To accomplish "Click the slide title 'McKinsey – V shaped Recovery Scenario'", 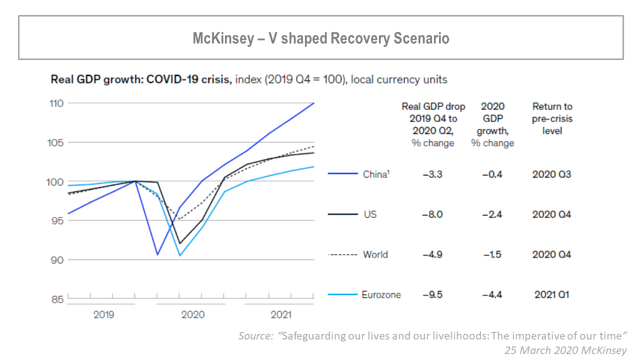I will point(321,38).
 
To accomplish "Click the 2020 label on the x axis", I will point(192,314).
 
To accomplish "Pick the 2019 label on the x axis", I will point(103,314).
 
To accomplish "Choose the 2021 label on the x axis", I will point(281,314).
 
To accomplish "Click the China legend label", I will point(375,174).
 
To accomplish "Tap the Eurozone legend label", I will point(381,294).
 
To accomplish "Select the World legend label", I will point(375,254).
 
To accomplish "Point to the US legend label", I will point(370,214).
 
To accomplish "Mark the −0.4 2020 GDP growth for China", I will point(492,174).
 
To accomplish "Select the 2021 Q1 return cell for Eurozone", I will point(551,294).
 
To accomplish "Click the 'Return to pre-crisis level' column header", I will point(552,118).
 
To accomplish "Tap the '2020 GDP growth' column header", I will point(492,124).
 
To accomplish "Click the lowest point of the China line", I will point(157,255).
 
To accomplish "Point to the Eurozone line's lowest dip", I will point(179,255).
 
